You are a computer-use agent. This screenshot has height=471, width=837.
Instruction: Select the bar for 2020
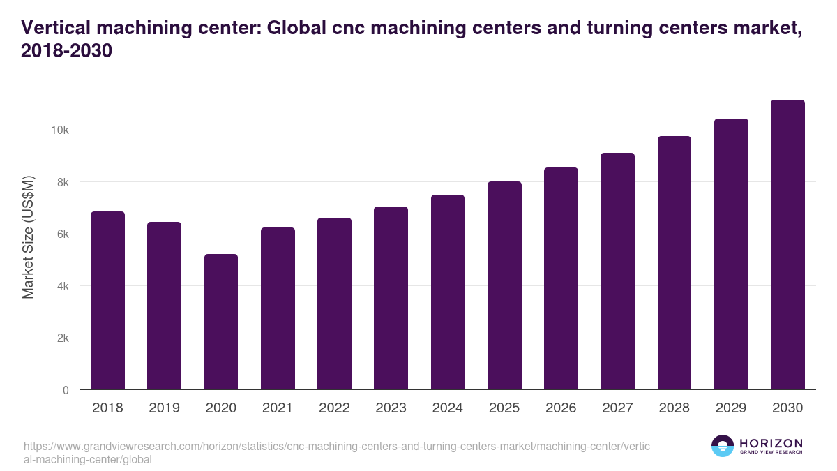click(221, 322)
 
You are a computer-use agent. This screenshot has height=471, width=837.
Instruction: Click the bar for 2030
click(787, 245)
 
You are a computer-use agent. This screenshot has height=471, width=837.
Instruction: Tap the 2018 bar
click(107, 301)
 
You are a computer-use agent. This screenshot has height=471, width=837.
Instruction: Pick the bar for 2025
click(504, 285)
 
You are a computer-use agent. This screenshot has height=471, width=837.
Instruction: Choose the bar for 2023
click(391, 298)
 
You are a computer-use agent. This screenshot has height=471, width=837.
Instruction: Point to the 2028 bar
click(674, 263)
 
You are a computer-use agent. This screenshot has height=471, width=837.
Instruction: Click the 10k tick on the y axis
click(59, 130)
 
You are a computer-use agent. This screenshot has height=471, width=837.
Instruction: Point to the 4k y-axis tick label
click(62, 286)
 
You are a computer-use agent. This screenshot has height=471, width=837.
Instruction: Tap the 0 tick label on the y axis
click(66, 390)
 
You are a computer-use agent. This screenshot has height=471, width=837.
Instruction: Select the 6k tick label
click(62, 234)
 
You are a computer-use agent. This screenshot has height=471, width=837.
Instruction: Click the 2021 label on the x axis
click(278, 408)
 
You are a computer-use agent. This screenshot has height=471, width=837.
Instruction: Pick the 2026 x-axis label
click(561, 408)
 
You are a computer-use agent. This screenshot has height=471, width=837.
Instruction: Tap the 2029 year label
click(731, 408)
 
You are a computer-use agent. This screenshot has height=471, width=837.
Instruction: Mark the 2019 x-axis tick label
click(164, 408)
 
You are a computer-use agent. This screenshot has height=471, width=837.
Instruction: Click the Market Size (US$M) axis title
click(28, 238)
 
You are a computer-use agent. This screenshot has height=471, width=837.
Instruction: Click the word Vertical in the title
click(57, 29)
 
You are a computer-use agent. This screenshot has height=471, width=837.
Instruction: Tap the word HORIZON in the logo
click(771, 443)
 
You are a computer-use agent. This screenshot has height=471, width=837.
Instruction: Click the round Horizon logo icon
click(723, 446)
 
